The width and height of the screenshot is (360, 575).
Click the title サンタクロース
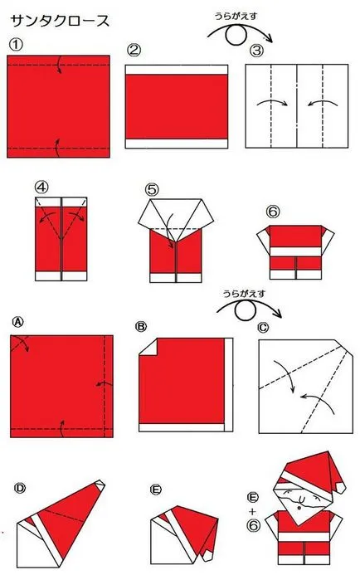[x=60, y=22]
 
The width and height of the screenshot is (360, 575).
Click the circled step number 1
[x=16, y=45]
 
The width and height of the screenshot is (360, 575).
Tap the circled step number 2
[x=134, y=50]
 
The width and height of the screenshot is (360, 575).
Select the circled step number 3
[x=256, y=51]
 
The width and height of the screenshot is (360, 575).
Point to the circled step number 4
[x=41, y=187]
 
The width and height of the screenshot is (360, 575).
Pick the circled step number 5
[x=152, y=189]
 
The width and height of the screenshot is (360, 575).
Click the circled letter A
[x=18, y=322]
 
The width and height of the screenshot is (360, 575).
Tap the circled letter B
[x=141, y=326]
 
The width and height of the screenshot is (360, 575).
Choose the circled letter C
[x=263, y=327]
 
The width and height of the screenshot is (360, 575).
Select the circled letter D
[x=20, y=488]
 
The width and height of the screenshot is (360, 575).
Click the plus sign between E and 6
[x=252, y=512]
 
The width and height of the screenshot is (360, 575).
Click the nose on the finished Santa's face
[x=299, y=508]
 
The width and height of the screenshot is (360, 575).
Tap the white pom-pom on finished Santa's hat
[x=341, y=487]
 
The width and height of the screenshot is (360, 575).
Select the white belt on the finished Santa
[x=304, y=537]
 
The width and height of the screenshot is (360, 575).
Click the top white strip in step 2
[x=177, y=70]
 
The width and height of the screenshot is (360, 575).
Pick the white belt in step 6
[x=295, y=251]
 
